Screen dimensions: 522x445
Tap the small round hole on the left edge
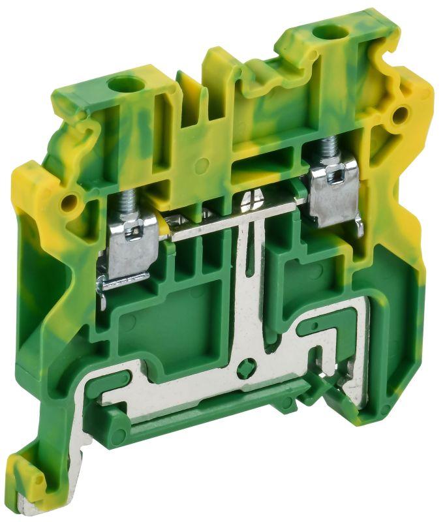[67, 203]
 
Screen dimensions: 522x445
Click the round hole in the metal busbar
[245, 369]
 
